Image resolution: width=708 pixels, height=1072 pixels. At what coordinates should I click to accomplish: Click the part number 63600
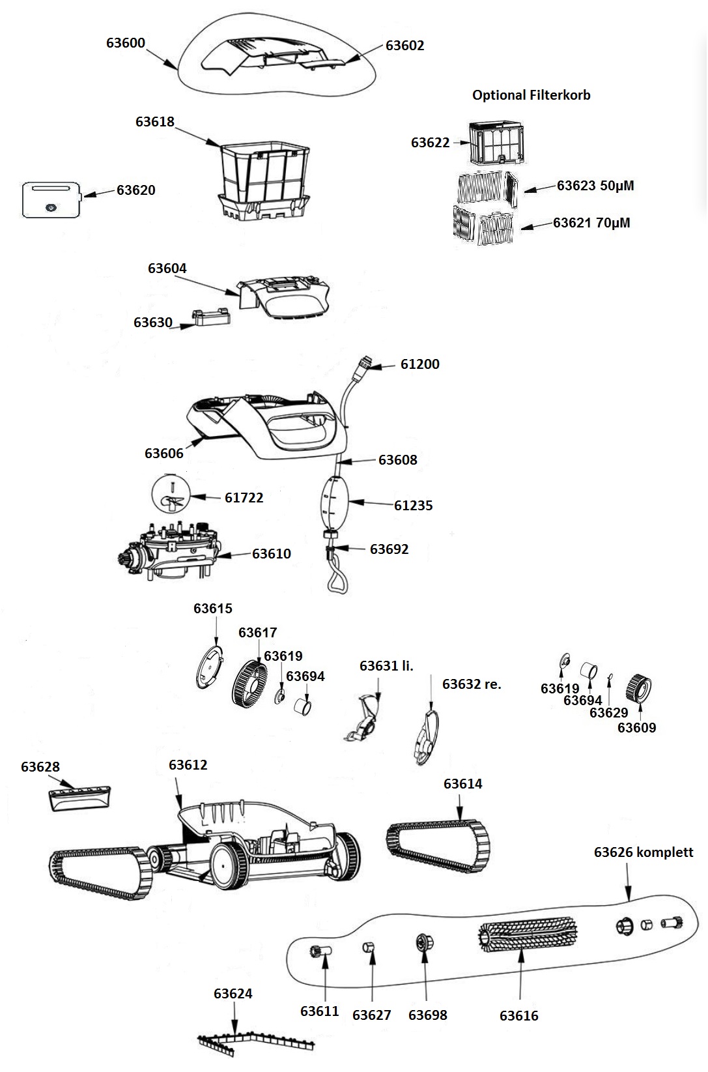pyautogui.click(x=126, y=43)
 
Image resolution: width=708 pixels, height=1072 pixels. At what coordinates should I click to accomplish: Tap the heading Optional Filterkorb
pyautogui.click(x=531, y=95)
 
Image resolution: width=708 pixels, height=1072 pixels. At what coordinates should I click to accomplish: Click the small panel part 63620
pyautogui.click(x=51, y=199)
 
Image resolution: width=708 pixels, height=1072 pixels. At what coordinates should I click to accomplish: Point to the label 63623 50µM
pyautogui.click(x=595, y=186)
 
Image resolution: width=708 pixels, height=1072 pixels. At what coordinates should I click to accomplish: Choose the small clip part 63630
pyautogui.click(x=211, y=317)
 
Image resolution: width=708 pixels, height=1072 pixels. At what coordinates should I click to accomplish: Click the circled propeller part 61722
pyautogui.click(x=170, y=495)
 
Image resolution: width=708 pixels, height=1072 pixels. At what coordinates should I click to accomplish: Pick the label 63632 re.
pyautogui.click(x=472, y=684)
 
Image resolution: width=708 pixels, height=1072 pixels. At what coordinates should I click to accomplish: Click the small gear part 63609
pyautogui.click(x=638, y=688)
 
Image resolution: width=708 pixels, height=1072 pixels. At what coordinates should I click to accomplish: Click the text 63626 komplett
pyautogui.click(x=643, y=852)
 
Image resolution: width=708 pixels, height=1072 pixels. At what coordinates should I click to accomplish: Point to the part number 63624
pyautogui.click(x=233, y=994)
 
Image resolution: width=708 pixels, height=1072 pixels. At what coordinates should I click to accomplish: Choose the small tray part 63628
pyautogui.click(x=79, y=798)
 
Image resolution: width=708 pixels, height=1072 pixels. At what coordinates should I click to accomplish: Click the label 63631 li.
pyautogui.click(x=386, y=666)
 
